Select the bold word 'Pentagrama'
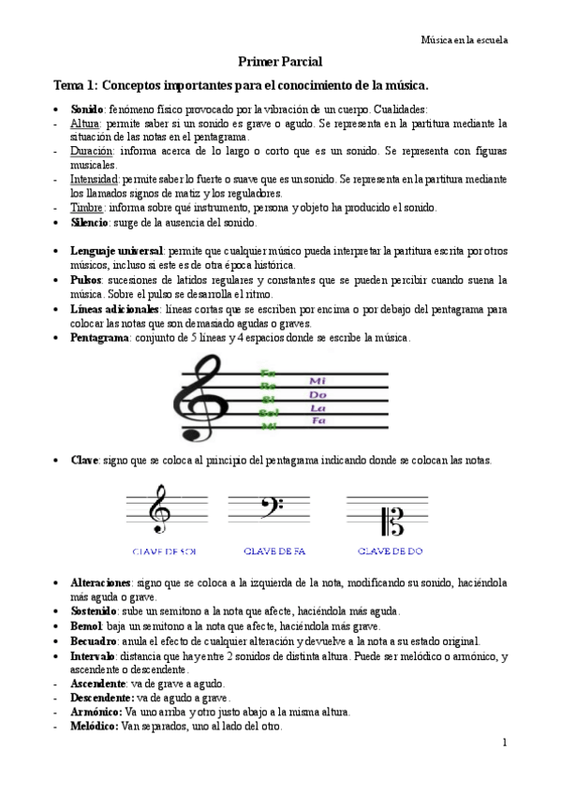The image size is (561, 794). coord(99,336)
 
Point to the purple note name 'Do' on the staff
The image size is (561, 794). coord(318,394)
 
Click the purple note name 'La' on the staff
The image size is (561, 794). coord(318,407)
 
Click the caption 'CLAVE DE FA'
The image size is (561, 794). coord(274,551)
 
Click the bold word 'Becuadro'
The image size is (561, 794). coord(94,641)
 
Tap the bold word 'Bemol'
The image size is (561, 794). coord(86,626)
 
